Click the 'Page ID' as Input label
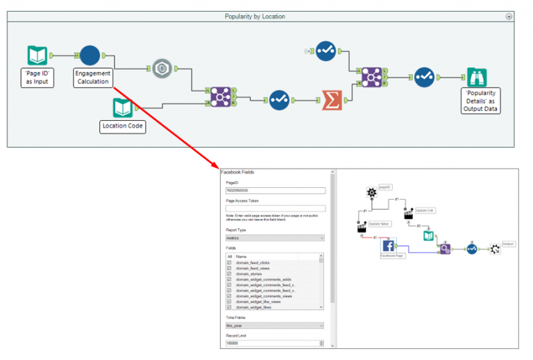pos(36,77)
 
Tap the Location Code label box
pos(123,126)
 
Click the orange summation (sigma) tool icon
pos(332,100)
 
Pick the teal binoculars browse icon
pos(476,77)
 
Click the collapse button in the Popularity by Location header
pos(509,16)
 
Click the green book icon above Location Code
pos(123,108)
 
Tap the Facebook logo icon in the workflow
pos(389,245)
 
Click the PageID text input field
pos(276,190)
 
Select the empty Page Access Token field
pos(276,208)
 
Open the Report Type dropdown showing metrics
pos(276,238)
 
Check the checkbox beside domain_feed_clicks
pos(230,263)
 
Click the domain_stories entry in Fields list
pos(250,274)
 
